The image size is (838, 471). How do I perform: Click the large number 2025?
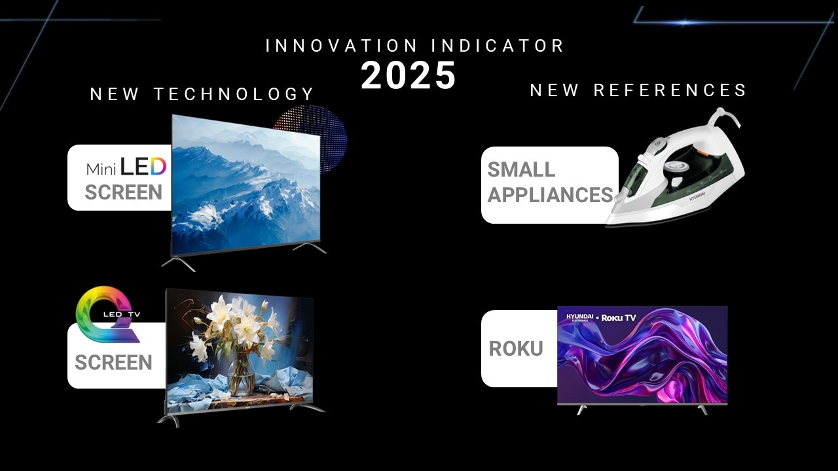408,75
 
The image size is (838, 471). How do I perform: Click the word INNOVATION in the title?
341,46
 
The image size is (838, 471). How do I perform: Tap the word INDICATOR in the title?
498,46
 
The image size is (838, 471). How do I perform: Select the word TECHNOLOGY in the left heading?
234,94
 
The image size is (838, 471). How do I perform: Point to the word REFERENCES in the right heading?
670,90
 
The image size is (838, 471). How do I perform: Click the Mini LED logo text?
126,167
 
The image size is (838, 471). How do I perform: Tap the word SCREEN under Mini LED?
124,192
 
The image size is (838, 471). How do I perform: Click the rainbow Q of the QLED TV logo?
108,315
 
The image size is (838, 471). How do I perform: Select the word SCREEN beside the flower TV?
113,362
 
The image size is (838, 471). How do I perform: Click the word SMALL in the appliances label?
521,169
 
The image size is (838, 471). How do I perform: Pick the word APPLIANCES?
551,195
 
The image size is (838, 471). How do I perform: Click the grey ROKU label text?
516,349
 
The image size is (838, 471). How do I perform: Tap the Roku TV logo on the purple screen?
619,318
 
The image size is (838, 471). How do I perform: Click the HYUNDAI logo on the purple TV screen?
579,317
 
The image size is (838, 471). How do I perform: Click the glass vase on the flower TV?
242,374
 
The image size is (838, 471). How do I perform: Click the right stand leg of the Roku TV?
702,410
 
